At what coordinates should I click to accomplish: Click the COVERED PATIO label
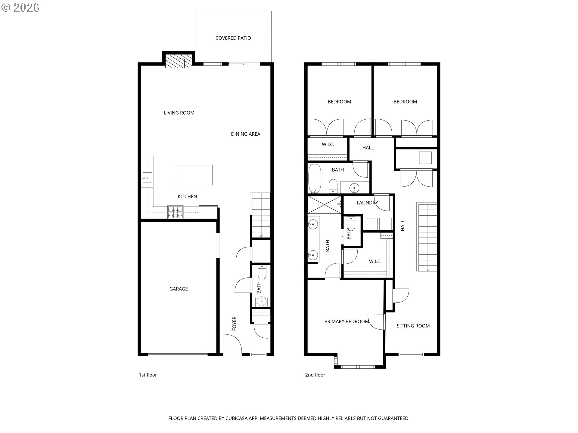coord(233,38)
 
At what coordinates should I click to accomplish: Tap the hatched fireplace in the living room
coord(179,61)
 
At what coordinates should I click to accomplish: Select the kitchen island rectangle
coord(194,175)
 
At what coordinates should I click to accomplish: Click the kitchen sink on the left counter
coord(147,178)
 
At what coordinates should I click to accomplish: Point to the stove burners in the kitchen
coord(175,212)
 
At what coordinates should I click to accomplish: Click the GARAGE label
coord(179,289)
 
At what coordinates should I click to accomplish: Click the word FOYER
coord(234,324)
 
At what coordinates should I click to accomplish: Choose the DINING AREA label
coord(245,134)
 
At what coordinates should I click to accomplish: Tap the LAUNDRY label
coord(367,203)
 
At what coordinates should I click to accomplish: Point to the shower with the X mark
coord(325,204)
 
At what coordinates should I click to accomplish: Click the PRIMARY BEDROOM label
coord(346,321)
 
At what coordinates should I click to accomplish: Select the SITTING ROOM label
coord(413,326)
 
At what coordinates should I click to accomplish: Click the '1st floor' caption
coord(148,375)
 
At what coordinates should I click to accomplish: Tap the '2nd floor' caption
coord(315,375)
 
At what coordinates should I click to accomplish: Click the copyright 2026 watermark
coord(20,8)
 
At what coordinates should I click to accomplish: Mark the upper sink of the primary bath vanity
coord(313,224)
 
